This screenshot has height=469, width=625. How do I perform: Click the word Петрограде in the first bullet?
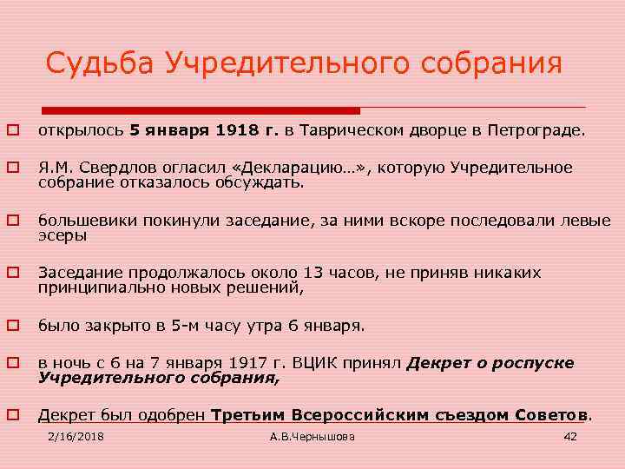538,131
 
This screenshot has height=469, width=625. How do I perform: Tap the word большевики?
83,221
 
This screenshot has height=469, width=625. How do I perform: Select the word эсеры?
62,234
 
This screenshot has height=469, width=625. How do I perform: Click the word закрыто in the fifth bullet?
108,327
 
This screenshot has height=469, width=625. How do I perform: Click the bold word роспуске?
532,364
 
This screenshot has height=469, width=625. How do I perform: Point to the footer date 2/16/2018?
75,436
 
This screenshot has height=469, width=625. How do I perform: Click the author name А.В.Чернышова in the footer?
312,436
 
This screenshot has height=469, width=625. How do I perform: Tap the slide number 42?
570,436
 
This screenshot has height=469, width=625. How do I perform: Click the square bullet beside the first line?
14,132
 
